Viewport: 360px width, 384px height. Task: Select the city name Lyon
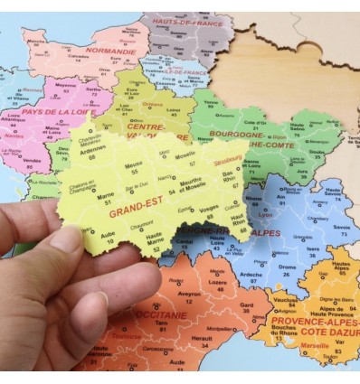pos(265,215)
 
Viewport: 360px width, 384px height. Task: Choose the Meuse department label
pos(135,164)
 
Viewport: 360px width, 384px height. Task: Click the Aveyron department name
pos(188,294)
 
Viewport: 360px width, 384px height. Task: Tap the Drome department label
pos(286,267)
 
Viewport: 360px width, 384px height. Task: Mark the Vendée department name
pos(32,161)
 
